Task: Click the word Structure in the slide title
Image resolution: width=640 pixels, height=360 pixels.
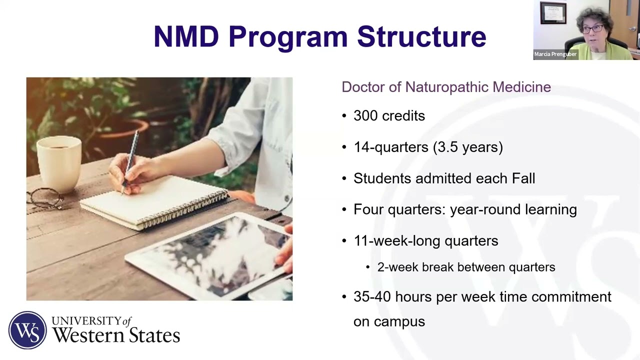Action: (421, 37)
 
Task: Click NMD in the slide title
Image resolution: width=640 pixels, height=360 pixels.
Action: (186, 37)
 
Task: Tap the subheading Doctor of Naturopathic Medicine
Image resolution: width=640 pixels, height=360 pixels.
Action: (446, 87)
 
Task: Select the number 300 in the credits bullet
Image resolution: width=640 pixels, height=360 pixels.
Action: (366, 116)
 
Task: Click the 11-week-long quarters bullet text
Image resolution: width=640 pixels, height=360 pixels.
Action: (425, 240)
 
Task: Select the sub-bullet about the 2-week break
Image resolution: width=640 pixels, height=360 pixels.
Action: (466, 267)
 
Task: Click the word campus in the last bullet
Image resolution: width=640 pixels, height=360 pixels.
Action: (399, 321)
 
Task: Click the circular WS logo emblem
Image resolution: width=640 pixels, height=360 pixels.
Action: (27, 330)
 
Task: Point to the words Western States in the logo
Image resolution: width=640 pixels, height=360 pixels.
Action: (116, 335)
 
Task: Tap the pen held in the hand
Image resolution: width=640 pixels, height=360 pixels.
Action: (131, 157)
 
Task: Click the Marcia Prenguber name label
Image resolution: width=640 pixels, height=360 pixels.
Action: (555, 54)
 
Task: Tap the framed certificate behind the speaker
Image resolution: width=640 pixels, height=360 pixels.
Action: (553, 13)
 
